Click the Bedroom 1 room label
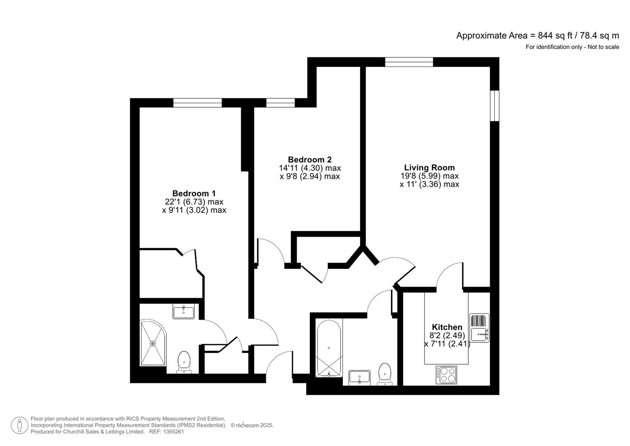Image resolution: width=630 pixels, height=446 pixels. [194, 193]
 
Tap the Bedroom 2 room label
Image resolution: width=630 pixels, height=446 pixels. [309, 159]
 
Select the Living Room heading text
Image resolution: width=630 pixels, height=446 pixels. [429, 168]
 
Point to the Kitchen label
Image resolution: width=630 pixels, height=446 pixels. [447, 327]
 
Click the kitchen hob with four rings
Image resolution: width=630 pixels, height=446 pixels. [446, 375]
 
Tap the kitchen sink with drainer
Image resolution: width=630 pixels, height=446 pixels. [479, 328]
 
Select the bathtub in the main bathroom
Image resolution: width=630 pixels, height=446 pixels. [329, 348]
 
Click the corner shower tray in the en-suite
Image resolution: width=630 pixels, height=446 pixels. [153, 343]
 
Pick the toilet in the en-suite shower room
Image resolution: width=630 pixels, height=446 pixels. [184, 362]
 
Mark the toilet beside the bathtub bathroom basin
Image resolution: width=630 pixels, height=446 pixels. [385, 374]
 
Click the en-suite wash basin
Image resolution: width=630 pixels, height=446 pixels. [184, 311]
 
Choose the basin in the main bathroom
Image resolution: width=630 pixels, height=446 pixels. [359, 377]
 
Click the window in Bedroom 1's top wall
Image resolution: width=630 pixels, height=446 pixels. [197, 103]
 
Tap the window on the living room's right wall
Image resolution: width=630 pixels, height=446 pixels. [494, 106]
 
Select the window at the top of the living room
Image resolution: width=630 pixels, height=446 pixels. [409, 62]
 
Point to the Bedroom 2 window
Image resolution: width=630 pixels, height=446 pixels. [281, 103]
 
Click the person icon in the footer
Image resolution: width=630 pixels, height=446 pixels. [19, 425]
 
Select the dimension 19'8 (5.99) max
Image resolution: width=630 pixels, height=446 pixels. [429, 176]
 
